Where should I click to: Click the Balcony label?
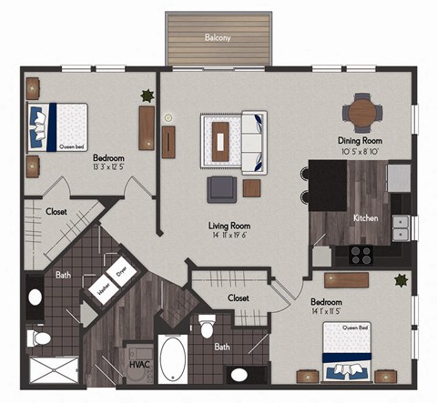217,38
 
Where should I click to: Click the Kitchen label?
366,218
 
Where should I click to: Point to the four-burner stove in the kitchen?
361,256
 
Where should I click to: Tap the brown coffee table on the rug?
221,139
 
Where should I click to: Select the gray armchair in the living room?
222,189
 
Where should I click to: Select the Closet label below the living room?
239,297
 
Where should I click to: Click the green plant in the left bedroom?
146,95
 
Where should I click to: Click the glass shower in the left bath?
55,368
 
